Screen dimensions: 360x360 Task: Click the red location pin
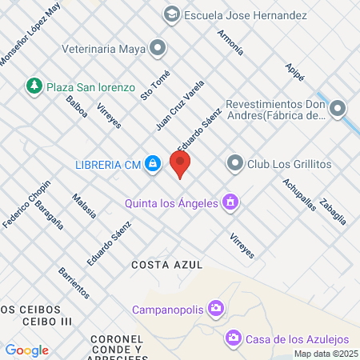pos(181,165)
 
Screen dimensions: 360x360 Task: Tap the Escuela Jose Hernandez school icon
pos(171,14)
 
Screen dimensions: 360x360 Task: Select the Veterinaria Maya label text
pos(103,49)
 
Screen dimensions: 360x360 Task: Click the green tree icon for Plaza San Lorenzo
pos(34,86)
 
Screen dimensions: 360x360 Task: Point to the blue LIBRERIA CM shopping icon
pos(153,165)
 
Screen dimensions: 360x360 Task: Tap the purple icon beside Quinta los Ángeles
pos(230,202)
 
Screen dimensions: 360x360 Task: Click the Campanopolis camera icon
pos(215,308)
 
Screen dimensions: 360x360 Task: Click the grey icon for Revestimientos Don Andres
pos(338,108)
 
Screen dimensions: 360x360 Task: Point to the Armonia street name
pos(230,42)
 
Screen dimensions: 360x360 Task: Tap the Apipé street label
pos(294,72)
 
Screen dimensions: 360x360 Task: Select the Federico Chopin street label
pos(26,206)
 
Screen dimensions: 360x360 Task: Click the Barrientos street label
pos(74,284)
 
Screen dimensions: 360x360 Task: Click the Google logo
pos(27,350)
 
